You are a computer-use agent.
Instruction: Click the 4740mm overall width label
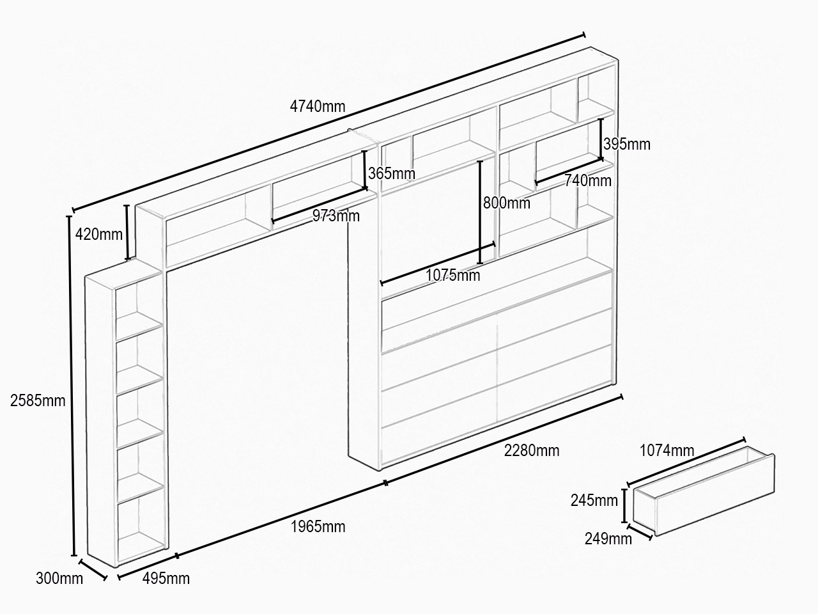tap(318, 107)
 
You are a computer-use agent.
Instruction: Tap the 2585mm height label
tap(38, 401)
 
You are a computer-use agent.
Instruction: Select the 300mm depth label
tap(59, 579)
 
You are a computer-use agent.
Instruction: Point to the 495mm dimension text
tap(166, 579)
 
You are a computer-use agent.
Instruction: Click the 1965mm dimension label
tap(318, 527)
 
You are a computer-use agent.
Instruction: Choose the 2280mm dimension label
tap(532, 451)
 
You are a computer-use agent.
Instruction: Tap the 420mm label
tap(99, 235)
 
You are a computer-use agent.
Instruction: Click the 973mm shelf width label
tap(336, 216)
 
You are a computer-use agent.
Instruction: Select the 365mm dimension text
tap(392, 173)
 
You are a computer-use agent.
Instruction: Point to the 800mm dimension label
tap(506, 203)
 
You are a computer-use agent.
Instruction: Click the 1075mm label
tap(453, 276)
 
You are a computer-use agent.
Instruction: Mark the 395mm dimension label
tap(627, 145)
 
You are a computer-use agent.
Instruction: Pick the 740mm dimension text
tap(588, 181)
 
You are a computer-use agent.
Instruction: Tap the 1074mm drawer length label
tap(667, 451)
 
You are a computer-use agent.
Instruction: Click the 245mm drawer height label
tap(594, 501)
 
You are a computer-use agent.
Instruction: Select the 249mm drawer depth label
tap(608, 539)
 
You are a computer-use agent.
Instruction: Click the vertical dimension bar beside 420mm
tap(127, 232)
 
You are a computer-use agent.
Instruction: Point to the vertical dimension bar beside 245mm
tap(624, 506)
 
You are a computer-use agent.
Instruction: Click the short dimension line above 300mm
tap(93, 570)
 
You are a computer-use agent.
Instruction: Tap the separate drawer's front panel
tap(714, 496)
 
